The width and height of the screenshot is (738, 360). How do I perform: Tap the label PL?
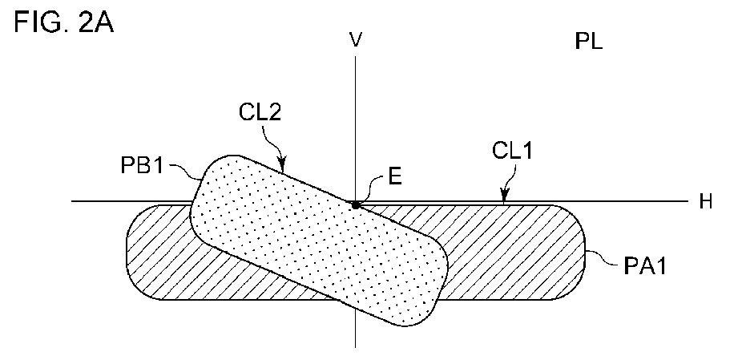tap(589, 42)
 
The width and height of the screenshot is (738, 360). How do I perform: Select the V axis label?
tap(356, 39)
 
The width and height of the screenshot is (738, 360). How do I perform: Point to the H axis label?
tap(705, 202)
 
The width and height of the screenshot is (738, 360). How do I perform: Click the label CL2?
tap(260, 113)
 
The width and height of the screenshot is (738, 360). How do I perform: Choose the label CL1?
tap(512, 152)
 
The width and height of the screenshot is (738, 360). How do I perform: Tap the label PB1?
tap(143, 166)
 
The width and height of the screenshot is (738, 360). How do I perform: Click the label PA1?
tap(644, 267)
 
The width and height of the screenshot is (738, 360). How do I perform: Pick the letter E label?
tap(394, 176)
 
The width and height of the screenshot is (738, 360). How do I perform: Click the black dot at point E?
tap(356, 205)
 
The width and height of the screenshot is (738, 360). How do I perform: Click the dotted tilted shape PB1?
tap(318, 241)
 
